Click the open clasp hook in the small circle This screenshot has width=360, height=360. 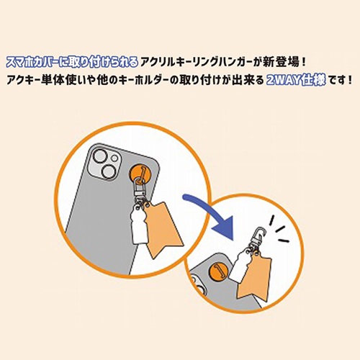tap(255, 233)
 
